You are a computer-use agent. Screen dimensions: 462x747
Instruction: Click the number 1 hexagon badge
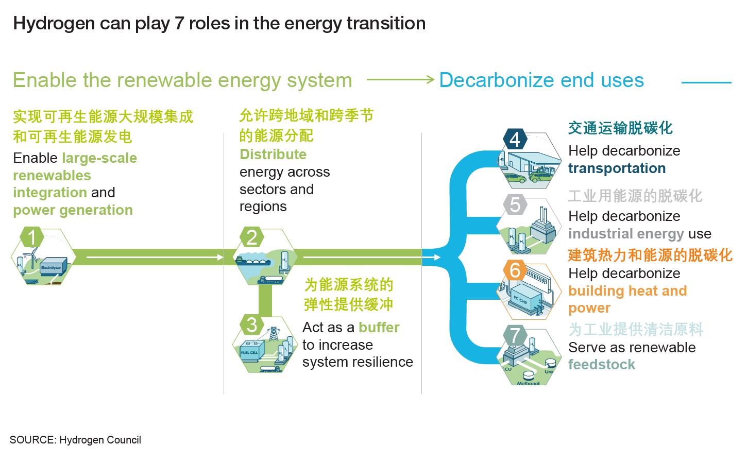pos(32,237)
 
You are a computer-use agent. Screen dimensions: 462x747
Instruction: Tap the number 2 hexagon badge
pos(251,237)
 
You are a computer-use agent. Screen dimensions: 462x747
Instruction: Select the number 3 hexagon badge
pos(251,325)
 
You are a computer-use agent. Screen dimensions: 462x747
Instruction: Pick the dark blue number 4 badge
pos(515,139)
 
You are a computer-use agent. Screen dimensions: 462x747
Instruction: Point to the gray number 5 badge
pos(515,204)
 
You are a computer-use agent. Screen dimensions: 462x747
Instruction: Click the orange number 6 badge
pos(515,270)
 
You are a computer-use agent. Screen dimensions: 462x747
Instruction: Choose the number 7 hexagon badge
pos(515,335)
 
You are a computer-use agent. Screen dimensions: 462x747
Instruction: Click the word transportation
pos(617,168)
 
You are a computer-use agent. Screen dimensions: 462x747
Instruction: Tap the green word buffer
pos(379,328)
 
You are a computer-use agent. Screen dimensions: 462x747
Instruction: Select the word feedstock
pos(601,365)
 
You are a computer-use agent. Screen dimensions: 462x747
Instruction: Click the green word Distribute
pos(273,155)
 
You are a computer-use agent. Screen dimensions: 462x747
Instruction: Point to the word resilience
pos(387,362)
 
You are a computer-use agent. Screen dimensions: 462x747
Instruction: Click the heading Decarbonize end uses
pos(541,80)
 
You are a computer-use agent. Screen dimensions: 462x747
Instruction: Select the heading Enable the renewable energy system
pos(182,80)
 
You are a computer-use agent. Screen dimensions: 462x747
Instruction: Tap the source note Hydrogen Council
pos(100,440)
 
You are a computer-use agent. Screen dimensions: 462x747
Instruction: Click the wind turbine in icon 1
pos(32,258)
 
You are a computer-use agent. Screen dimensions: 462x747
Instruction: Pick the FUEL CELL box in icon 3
pos(250,352)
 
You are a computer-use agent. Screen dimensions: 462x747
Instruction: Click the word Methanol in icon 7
pos(528,383)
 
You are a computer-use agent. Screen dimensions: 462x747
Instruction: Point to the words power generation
pos(73,210)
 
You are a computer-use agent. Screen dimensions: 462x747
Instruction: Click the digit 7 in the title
pos(179,23)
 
